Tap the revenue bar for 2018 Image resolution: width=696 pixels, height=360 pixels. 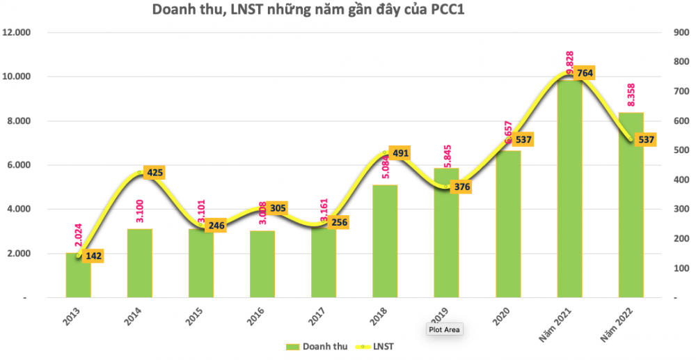click(385, 241)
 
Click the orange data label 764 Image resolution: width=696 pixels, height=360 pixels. click(583, 72)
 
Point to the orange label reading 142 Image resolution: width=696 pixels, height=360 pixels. click(93, 257)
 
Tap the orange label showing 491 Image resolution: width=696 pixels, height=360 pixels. click(401, 153)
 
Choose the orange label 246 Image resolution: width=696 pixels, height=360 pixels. click(215, 226)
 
